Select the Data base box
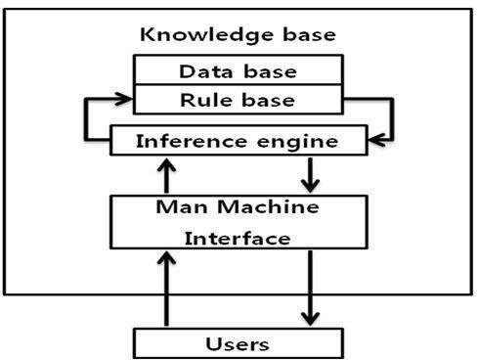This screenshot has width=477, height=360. [238, 71]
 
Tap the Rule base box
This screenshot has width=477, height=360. [238, 99]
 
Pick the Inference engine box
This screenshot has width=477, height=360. [238, 141]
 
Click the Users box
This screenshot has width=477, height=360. [238, 343]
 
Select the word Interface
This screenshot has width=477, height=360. [237, 238]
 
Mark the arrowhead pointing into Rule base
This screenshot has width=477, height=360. [125, 99]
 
